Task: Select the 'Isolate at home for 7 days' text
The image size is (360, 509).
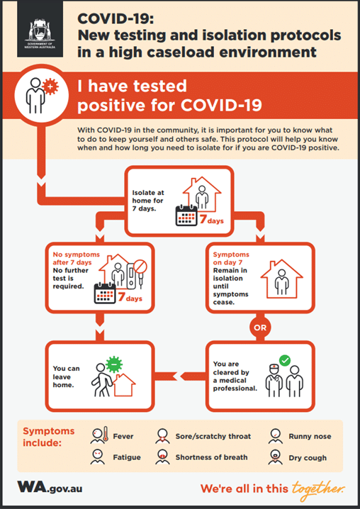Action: click(x=150, y=198)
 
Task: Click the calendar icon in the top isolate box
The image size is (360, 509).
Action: click(x=186, y=216)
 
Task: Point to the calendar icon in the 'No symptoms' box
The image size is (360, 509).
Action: click(x=106, y=293)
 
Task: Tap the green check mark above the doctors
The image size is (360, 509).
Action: click(x=285, y=361)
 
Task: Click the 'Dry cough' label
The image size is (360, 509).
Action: click(x=308, y=457)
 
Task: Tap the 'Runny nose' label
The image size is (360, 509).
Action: click(x=310, y=436)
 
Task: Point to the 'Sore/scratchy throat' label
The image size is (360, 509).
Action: click(x=212, y=436)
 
